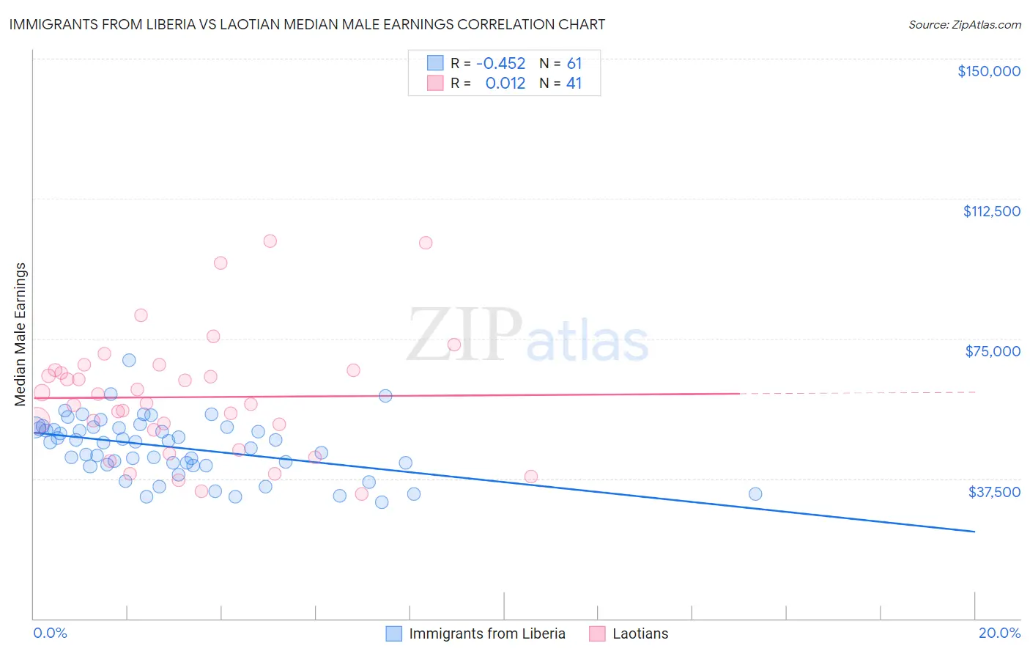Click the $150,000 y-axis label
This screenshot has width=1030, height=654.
tap(988, 71)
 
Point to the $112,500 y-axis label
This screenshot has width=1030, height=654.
tap(991, 211)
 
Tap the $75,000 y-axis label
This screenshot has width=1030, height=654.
tap(993, 351)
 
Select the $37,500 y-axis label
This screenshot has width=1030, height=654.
tap(993, 492)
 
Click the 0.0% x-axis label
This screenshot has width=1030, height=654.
tap(50, 633)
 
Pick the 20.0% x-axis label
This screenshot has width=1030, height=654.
tap(999, 633)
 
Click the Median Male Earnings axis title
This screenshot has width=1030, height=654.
tap(21, 334)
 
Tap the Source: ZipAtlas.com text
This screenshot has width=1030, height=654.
tap(964, 24)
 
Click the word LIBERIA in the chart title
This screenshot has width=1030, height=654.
tap(163, 24)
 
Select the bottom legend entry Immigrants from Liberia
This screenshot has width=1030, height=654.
tap(486, 633)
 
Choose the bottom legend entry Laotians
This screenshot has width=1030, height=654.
tap(640, 633)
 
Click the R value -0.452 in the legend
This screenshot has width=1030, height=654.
tap(500, 63)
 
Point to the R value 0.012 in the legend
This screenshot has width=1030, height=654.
tap(505, 83)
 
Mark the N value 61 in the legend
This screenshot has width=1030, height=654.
tap(574, 63)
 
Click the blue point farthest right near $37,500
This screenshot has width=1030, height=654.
tap(755, 494)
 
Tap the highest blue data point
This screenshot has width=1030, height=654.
tap(129, 360)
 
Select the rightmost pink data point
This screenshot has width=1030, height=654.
tap(531, 477)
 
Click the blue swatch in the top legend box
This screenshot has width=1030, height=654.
tap(435, 63)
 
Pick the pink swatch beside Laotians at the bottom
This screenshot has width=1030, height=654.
tap(597, 633)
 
